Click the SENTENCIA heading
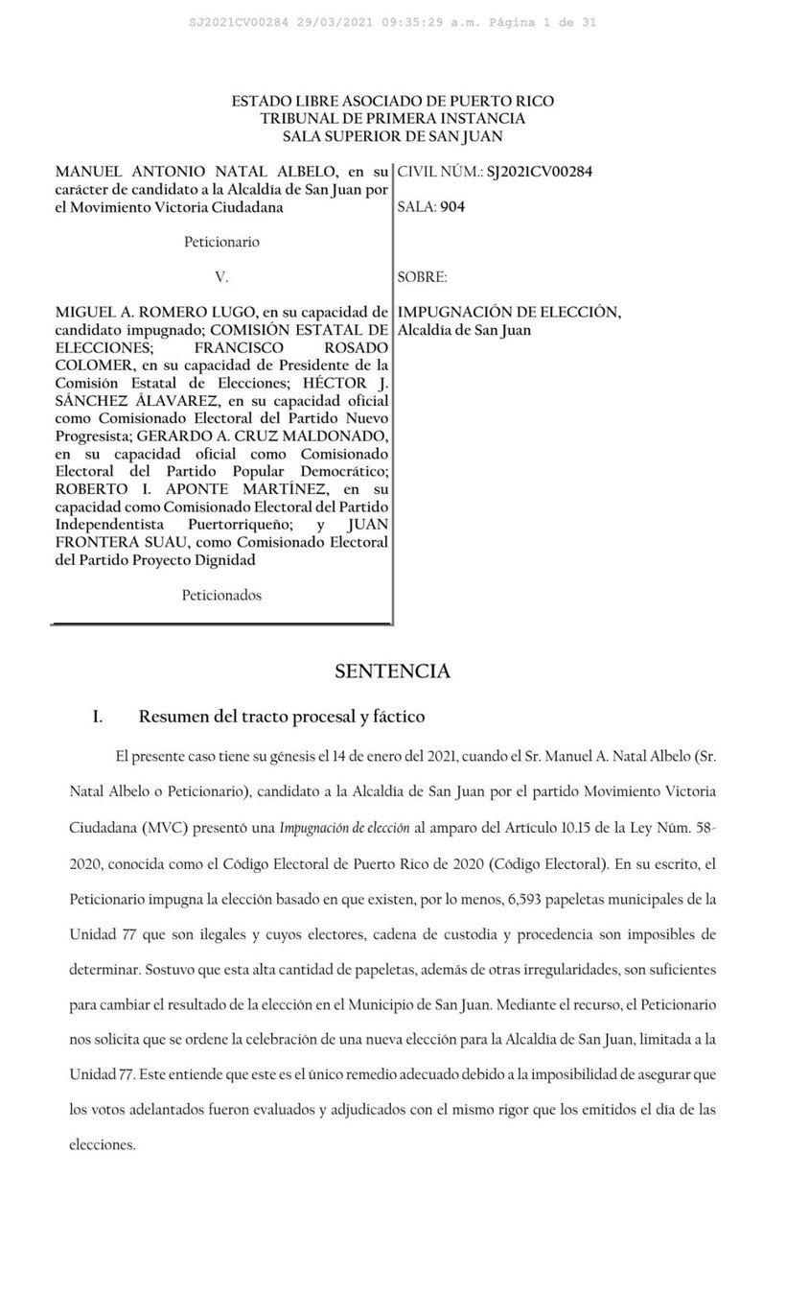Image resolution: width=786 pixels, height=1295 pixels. click(x=392, y=671)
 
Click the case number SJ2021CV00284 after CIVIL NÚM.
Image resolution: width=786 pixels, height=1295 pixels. click(x=540, y=172)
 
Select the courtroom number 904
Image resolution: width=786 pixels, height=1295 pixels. click(x=452, y=206)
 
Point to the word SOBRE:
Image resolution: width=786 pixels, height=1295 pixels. click(x=422, y=277)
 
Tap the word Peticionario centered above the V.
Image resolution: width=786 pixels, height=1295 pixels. click(x=221, y=242)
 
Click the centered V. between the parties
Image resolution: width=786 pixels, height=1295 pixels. click(x=221, y=277)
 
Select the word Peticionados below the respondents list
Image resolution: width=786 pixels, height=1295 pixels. click(x=221, y=595)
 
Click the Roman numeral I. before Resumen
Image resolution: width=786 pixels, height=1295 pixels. click(x=97, y=717)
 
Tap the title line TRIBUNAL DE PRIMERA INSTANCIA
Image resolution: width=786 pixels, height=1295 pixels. click(x=392, y=118)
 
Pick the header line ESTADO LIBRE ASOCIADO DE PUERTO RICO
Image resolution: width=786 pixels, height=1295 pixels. click(x=392, y=101)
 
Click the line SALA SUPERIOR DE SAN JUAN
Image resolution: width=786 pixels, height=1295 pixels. click(x=392, y=136)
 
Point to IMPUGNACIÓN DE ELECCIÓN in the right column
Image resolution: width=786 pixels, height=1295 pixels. click(x=509, y=312)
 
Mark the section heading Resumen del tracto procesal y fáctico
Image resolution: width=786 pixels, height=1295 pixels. click(x=282, y=717)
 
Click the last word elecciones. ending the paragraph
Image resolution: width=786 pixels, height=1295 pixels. click(x=104, y=1144)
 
